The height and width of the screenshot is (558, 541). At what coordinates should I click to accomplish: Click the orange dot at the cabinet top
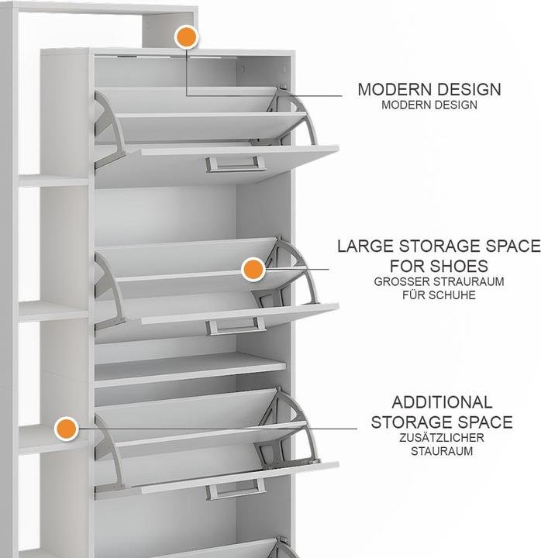point(187,37)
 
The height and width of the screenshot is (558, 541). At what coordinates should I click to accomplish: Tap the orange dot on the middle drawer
point(253,270)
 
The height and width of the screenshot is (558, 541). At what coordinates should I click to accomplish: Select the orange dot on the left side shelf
point(67,429)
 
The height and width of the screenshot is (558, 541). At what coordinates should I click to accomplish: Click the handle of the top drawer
point(236,164)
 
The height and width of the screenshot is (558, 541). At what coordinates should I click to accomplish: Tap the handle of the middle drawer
point(236,326)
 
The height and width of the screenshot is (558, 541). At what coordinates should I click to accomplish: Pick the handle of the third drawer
point(236,489)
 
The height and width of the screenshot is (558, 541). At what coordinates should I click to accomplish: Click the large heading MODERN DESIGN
point(429,89)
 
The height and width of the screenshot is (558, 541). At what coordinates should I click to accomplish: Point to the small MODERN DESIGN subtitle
point(429,105)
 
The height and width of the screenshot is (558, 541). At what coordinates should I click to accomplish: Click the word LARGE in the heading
point(366,246)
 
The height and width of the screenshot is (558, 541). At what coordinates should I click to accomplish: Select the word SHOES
point(462,266)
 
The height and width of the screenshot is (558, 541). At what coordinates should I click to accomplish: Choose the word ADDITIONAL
point(442,402)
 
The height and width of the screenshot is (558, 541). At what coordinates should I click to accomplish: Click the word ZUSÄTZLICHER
point(442,438)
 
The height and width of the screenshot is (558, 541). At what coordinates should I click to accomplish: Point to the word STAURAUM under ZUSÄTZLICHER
point(442,451)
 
